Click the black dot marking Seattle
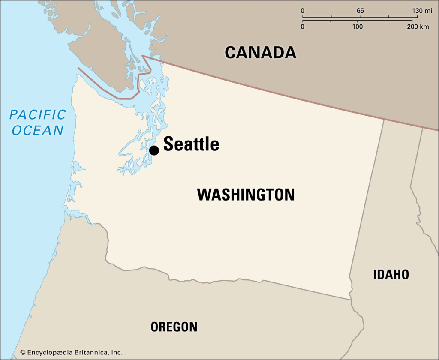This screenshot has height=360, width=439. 154,150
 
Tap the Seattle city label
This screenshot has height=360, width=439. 191,144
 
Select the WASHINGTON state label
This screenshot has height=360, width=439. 246,195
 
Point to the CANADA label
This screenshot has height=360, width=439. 260,53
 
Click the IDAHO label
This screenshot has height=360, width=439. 391,274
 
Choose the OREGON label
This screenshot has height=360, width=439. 174,327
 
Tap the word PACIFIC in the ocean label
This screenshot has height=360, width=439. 38,115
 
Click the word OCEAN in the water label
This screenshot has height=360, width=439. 38,130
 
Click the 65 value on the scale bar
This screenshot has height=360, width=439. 360,11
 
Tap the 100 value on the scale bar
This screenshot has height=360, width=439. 357,27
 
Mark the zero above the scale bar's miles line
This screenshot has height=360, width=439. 302,11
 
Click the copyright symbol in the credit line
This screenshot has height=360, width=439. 23,352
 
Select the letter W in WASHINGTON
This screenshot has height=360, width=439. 203,195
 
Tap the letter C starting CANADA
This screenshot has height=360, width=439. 231,53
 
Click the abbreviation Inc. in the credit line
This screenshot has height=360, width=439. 117,352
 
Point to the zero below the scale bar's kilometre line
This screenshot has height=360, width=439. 302,27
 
